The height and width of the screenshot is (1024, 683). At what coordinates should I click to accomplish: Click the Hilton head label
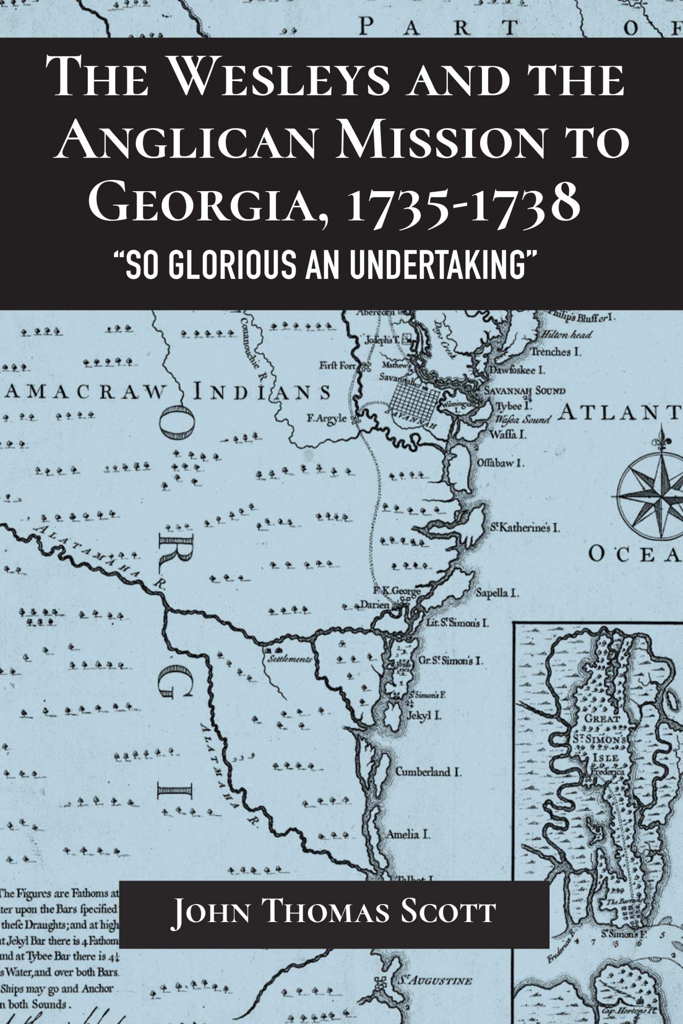click(566, 335)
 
